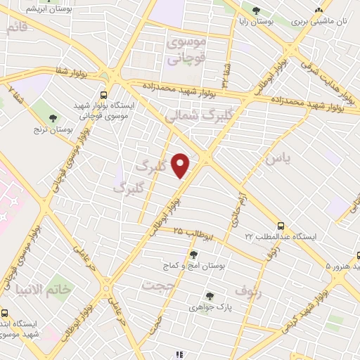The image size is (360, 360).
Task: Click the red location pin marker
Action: coord(181,165)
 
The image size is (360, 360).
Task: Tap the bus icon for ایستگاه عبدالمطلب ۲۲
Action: coord(281,226)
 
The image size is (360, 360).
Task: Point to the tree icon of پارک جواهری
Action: coord(209,296)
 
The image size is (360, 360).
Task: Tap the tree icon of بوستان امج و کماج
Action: coord(194,254)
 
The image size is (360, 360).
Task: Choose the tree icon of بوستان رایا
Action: coord(255,11)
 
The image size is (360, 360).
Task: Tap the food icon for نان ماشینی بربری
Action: coord(319,10)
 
